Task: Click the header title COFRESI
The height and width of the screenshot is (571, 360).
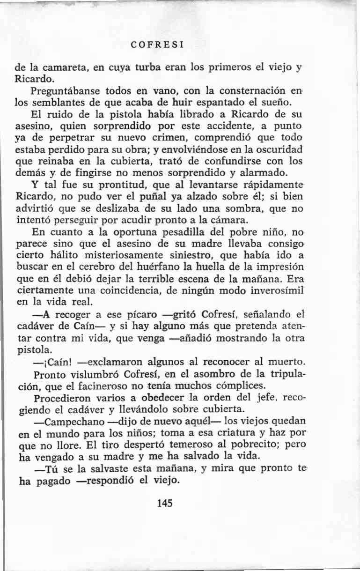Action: point(157,45)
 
